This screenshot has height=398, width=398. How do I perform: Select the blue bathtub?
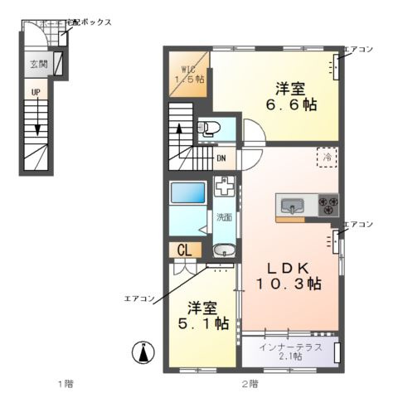[187, 194]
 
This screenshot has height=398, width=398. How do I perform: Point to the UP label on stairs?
[36, 93]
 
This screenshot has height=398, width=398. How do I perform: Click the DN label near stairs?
[221, 158]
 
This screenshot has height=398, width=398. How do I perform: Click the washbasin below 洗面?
[223, 251]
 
